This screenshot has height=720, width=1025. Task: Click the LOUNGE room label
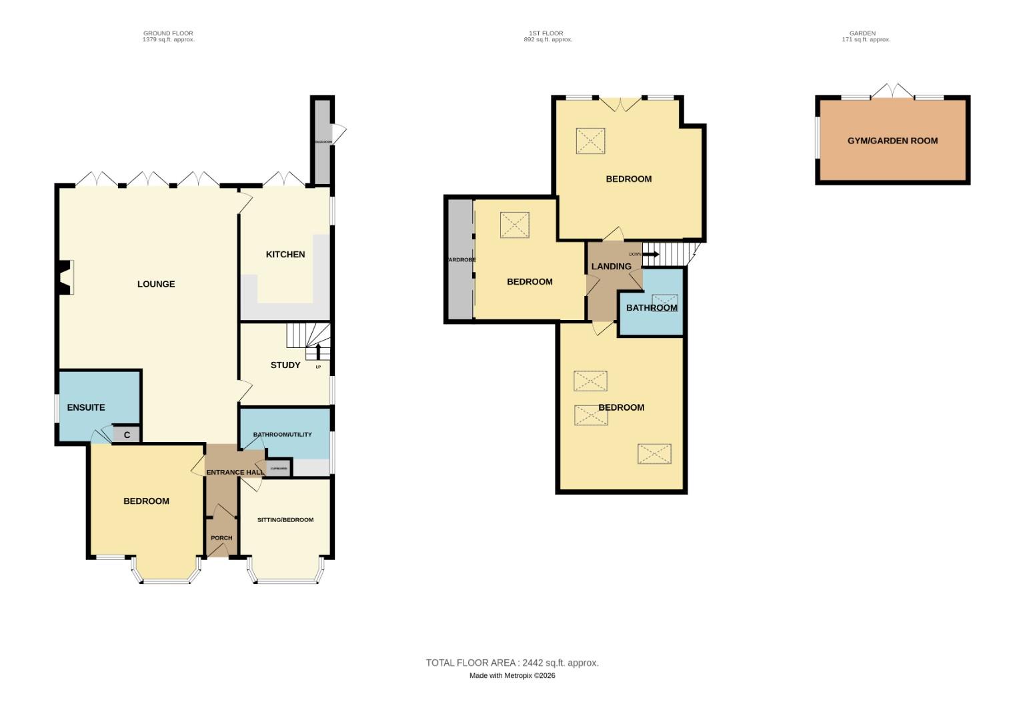pos(156,284)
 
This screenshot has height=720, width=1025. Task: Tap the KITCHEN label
pos(285,255)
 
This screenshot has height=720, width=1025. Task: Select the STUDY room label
pos(285,365)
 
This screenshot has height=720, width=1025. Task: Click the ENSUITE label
pos(86,407)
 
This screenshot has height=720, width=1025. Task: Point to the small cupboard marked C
pos(127,435)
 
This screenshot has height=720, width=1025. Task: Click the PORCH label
pos(221,538)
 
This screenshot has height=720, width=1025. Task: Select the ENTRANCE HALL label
pos(235,473)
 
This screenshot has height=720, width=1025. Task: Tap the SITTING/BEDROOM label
pos(285,520)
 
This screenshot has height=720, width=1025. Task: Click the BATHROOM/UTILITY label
pos(282,435)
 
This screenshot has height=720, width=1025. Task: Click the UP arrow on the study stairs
pos(318,351)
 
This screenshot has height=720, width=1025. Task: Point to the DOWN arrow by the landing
pos(650,254)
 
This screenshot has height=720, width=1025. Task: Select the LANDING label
pos(611,267)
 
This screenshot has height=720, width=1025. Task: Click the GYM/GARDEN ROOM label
pos(892,141)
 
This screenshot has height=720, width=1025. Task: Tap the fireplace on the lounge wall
pos(65,277)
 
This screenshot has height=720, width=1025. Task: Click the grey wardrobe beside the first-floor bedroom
pos(460,259)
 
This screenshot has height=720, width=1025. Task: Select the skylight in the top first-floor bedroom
pos(590,141)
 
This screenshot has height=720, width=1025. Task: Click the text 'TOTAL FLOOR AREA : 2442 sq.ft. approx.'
pos(512,663)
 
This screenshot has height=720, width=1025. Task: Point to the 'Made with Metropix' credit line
pos(512,675)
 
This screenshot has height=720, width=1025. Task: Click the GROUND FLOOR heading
pos(168,33)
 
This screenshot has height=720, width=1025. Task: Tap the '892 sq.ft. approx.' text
pos(548,40)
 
